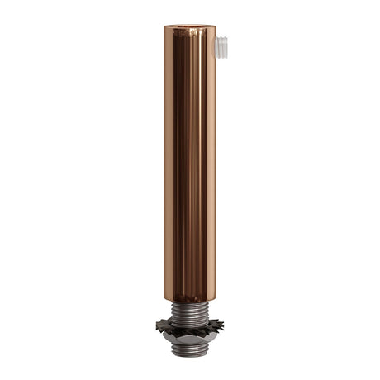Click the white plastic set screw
(221, 45)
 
